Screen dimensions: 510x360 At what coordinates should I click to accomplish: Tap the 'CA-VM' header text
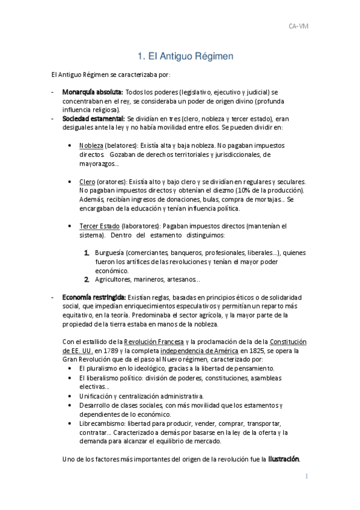click(299, 26)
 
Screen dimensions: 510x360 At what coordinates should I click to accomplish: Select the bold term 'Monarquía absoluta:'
click(93, 92)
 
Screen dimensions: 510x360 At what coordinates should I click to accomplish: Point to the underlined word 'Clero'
click(87, 182)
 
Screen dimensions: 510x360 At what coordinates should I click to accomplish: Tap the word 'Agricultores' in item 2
click(113, 279)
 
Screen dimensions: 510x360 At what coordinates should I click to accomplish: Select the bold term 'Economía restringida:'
click(94, 297)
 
